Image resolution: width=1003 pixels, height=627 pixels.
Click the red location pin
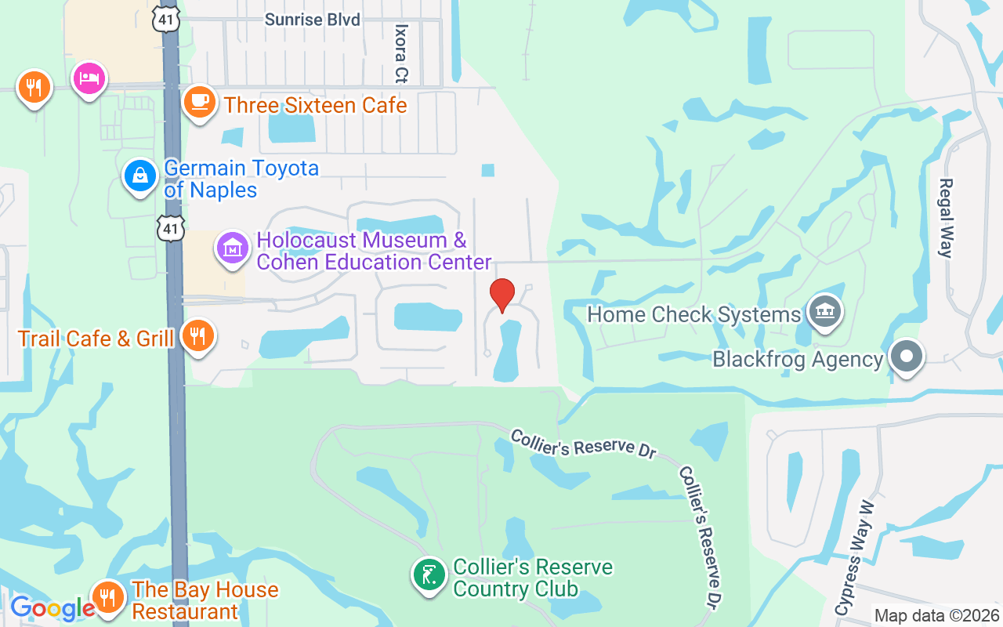click(501, 295)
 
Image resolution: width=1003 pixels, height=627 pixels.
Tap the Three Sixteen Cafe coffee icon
click(200, 102)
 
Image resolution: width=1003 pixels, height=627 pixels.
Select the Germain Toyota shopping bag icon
click(140, 176)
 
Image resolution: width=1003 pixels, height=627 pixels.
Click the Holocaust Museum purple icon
click(233, 248)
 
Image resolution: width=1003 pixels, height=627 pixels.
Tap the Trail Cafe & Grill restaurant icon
click(197, 336)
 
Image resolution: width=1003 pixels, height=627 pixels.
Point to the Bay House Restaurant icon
click(108, 598)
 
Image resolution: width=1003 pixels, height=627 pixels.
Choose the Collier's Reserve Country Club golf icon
click(429, 576)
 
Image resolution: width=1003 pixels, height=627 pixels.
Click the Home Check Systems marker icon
click(824, 312)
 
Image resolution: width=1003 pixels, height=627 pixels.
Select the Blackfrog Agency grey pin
click(907, 357)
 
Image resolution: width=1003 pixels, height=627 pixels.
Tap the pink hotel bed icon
click(89, 79)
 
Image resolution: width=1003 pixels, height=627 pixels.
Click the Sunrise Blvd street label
click(313, 20)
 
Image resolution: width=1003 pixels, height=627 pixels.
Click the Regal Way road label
click(946, 218)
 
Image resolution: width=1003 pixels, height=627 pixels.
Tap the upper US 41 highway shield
click(168, 19)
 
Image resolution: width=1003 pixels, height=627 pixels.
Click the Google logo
click(52, 608)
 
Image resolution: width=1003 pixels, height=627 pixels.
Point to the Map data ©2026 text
click(937, 615)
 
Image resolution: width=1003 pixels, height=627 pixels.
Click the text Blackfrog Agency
click(798, 360)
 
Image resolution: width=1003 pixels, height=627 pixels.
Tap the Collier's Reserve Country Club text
click(533, 578)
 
